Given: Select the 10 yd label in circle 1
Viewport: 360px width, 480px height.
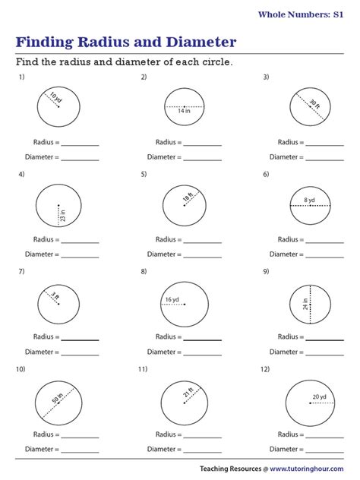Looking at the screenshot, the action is click(x=54, y=97).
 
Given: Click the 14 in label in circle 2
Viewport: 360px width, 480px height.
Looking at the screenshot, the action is click(x=185, y=111).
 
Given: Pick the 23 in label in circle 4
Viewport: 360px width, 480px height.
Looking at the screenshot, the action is click(x=62, y=215).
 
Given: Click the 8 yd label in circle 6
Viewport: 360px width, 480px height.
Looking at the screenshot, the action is click(x=309, y=201).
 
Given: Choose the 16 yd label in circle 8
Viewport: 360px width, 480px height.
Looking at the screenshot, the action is click(x=172, y=299).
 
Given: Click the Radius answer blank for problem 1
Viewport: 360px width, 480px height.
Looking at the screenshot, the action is click(x=80, y=144).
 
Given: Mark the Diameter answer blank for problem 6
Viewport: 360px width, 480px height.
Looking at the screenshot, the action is click(x=324, y=255).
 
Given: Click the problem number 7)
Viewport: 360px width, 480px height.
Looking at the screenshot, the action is click(x=23, y=271).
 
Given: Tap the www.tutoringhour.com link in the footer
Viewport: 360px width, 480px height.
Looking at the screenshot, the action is click(x=311, y=469).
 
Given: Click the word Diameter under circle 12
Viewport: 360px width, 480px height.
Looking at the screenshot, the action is click(x=284, y=449).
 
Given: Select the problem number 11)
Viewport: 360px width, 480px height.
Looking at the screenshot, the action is click(x=143, y=369).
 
